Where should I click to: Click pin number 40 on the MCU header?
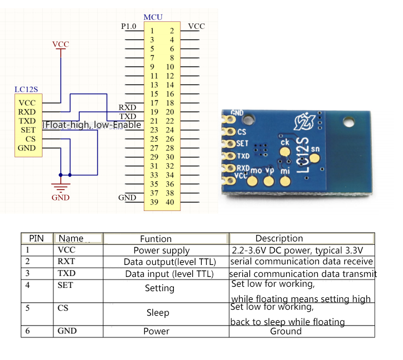click(x=170, y=202)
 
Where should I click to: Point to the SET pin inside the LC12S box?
click(x=28, y=130)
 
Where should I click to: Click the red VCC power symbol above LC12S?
click(x=61, y=44)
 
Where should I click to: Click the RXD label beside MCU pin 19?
click(x=127, y=107)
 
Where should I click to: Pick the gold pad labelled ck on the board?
click(x=285, y=153)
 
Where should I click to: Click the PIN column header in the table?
click(x=36, y=239)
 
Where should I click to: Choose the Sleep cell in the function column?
click(x=157, y=313)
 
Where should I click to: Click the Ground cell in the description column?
click(x=285, y=331)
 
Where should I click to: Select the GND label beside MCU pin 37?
click(x=127, y=197)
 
